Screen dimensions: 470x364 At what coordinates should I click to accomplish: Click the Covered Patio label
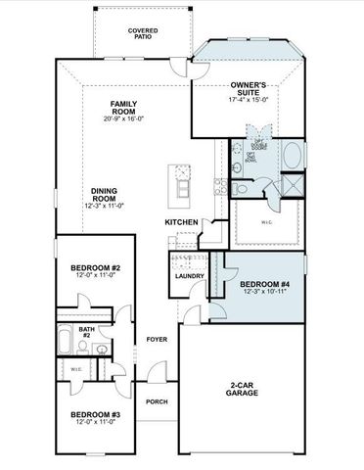[143, 35]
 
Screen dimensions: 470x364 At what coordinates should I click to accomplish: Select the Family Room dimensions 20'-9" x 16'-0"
[122, 119]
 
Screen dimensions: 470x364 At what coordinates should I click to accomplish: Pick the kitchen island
[182, 184]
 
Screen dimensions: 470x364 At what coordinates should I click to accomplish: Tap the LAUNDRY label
[189, 276]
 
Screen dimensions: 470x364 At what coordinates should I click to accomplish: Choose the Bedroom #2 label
[96, 268]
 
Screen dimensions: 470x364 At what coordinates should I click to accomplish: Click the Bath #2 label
[87, 332]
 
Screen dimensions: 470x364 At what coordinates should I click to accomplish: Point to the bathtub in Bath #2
[66, 344]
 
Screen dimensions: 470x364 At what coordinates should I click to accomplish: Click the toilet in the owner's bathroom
[238, 169]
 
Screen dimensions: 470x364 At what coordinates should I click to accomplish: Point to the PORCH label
[156, 401]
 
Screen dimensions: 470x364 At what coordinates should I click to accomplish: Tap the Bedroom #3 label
[95, 415]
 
